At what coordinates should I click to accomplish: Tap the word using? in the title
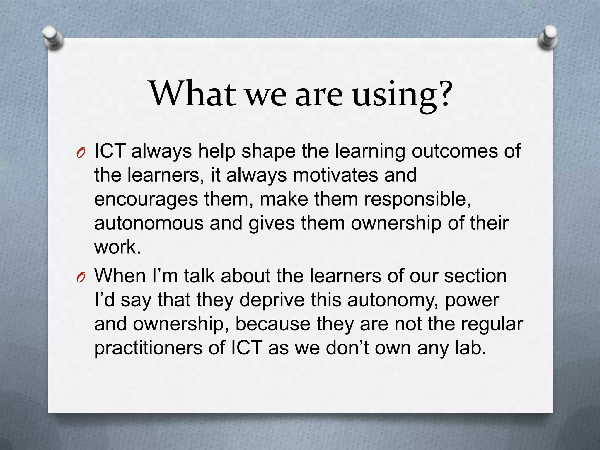point(403,95)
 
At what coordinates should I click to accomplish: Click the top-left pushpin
point(52,38)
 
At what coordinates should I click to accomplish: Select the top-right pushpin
point(548,38)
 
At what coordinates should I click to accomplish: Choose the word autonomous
point(149,223)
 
